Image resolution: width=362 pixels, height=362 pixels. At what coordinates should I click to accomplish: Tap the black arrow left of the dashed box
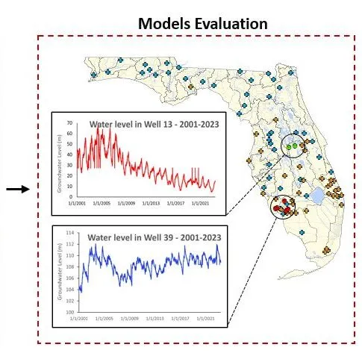(x=17, y=189)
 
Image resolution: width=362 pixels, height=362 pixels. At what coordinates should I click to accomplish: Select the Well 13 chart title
(x=154, y=125)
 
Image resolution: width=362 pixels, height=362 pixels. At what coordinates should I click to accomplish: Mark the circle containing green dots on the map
(x=296, y=145)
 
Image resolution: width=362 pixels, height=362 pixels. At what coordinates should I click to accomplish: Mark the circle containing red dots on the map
(x=284, y=208)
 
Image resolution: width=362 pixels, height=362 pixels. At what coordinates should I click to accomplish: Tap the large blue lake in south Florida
(x=318, y=196)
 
